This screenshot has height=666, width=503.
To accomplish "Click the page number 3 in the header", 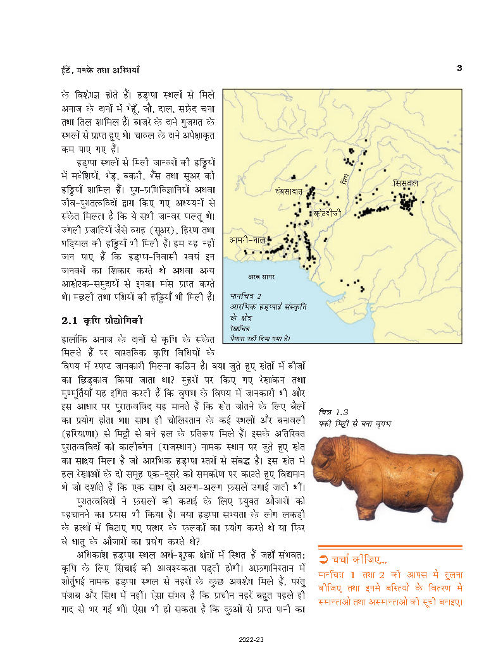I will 460,68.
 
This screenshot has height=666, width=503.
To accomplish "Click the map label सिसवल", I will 406,183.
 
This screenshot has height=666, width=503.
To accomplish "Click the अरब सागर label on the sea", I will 259,277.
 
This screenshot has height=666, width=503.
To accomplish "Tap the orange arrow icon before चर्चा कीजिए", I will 323,559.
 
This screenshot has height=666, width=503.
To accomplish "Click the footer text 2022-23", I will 251,640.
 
